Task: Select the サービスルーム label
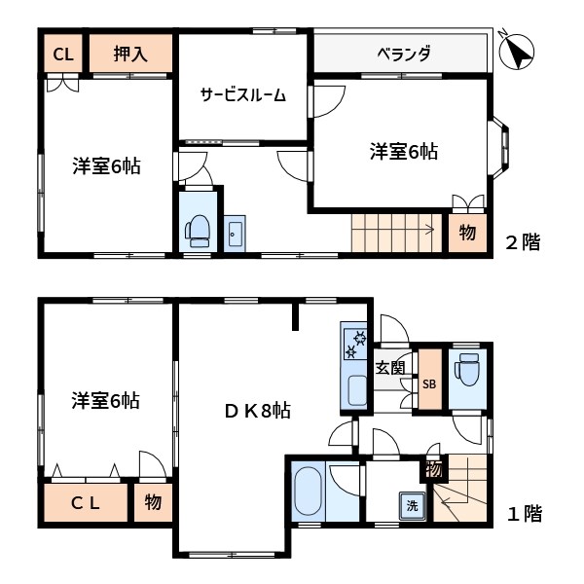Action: coord(242,94)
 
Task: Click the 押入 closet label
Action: coord(130,54)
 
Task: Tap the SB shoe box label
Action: coord(429,383)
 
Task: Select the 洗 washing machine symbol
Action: coord(412,506)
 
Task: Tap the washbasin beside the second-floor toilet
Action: coord(234,233)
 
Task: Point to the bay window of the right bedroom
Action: coord(502,147)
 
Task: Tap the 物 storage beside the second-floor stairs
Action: coord(467,234)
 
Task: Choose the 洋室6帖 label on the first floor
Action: coord(105,400)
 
